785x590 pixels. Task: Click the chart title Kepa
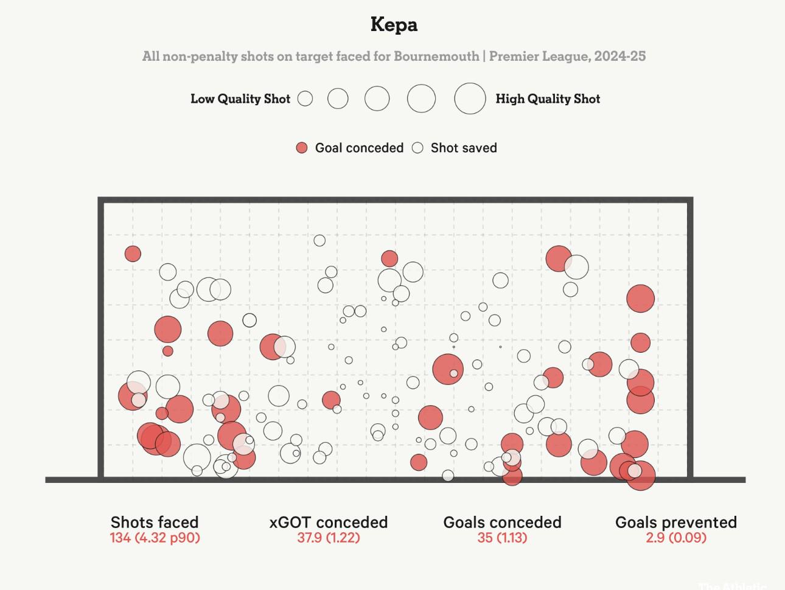[394, 25]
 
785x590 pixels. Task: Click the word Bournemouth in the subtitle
[436, 57]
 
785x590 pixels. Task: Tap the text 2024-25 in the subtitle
[619, 57]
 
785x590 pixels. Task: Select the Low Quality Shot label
[240, 99]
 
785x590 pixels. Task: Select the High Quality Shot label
[548, 99]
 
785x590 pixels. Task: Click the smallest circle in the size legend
[305, 99]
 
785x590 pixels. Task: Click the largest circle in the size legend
[470, 99]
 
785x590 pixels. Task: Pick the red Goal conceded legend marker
[302, 148]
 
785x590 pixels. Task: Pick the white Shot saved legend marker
[417, 148]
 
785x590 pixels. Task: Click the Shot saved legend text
[464, 148]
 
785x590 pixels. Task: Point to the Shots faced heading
[155, 522]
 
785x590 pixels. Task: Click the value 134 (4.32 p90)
[155, 538]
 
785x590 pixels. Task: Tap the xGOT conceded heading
[329, 522]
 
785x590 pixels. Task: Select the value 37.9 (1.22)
[329, 538]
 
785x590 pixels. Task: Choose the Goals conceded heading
[502, 522]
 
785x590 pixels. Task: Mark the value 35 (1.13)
[502, 538]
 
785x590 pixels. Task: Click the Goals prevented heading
[676, 522]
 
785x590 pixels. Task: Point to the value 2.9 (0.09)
[676, 538]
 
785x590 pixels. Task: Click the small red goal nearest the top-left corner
[133, 254]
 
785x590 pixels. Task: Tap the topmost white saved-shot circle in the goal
[319, 240]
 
